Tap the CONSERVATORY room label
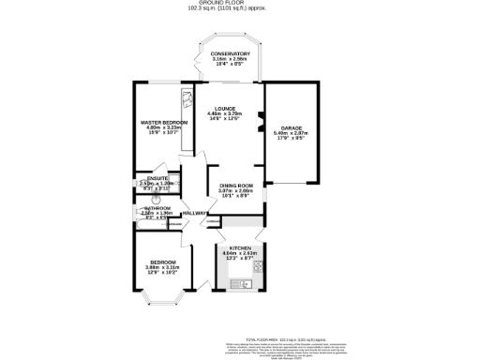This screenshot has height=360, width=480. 230,53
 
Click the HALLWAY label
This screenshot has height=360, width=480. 195,214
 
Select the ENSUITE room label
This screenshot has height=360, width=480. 151,178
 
